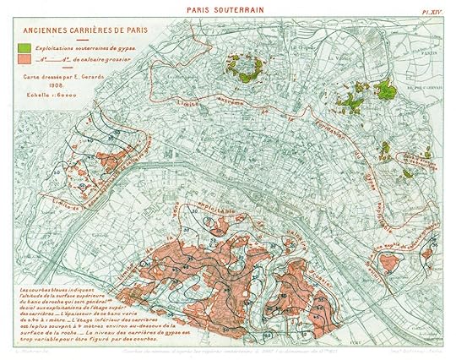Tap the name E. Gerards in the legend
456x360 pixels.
[96, 75]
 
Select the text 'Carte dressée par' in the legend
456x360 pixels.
[51, 75]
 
